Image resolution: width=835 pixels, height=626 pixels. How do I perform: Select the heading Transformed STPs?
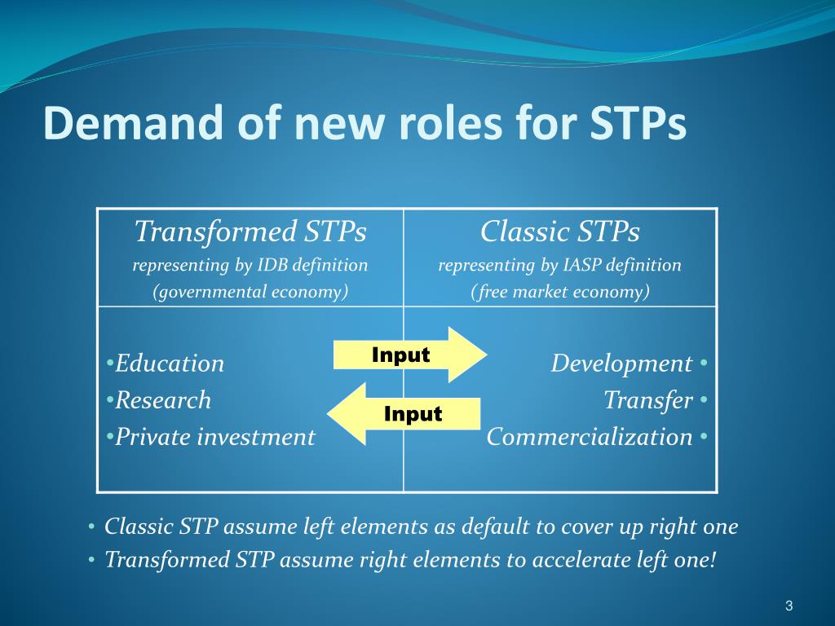point(250,231)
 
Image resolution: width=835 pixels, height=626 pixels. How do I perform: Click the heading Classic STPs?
point(559,231)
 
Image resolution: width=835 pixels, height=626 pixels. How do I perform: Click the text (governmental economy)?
point(250,292)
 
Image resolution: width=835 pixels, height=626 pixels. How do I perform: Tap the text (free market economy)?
point(559,292)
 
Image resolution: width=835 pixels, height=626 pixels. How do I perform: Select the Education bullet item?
point(165,363)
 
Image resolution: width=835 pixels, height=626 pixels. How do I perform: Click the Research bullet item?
point(159,399)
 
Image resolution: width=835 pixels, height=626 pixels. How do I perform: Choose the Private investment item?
point(211,437)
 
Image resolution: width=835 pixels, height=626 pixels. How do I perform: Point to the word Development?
point(621,363)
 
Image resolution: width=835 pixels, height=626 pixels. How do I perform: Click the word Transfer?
point(648,399)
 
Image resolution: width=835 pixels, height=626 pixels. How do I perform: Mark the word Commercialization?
point(589,437)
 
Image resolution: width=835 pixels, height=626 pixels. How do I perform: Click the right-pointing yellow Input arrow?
point(410,355)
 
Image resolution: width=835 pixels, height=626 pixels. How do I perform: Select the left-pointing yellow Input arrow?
point(404,413)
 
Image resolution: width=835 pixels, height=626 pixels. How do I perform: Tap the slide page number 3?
point(789,606)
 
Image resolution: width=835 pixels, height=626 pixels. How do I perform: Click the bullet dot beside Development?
point(704,363)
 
